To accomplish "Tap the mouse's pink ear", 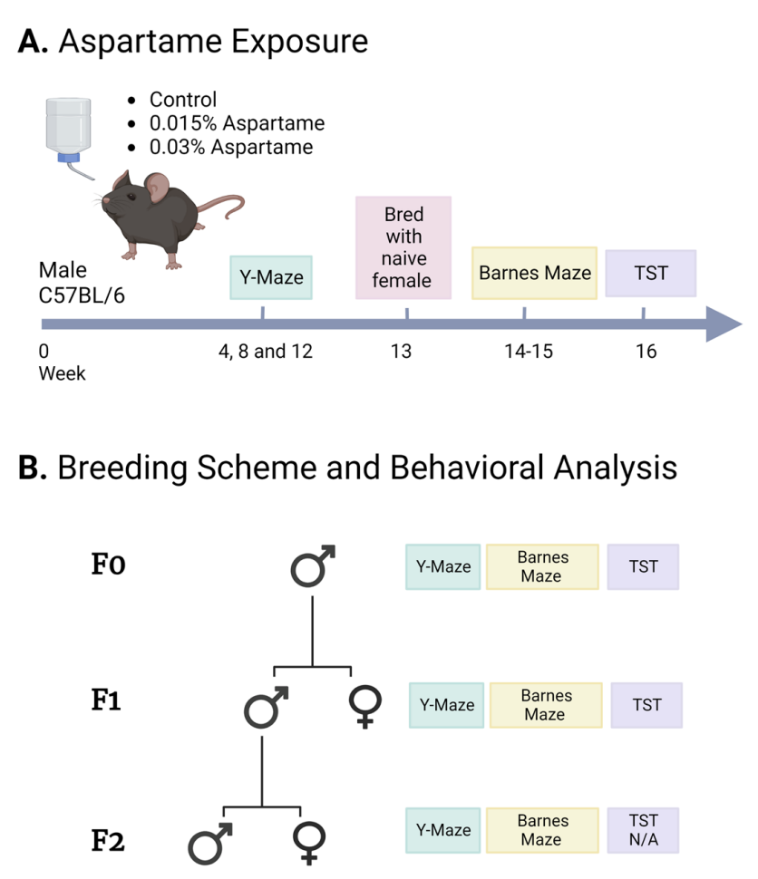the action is (x=157, y=188).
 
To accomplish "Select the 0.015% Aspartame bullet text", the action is (x=237, y=123).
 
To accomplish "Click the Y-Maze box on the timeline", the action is (x=271, y=277).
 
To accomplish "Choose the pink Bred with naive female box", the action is (x=403, y=247).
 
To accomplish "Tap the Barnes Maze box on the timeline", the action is (x=534, y=273).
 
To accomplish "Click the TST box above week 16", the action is (x=651, y=273).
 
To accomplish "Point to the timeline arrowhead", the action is (x=724, y=324).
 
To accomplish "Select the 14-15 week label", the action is (x=529, y=352).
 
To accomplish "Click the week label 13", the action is (x=401, y=352).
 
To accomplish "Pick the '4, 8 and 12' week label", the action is (x=266, y=352).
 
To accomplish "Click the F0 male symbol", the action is (x=313, y=565).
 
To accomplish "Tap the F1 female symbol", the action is (x=365, y=707).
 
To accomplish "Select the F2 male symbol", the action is (x=209, y=844).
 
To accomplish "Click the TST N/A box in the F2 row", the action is (x=643, y=830).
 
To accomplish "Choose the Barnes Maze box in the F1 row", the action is (x=546, y=705).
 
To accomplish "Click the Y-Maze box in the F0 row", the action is (x=443, y=566).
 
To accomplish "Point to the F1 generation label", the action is (x=106, y=700).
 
